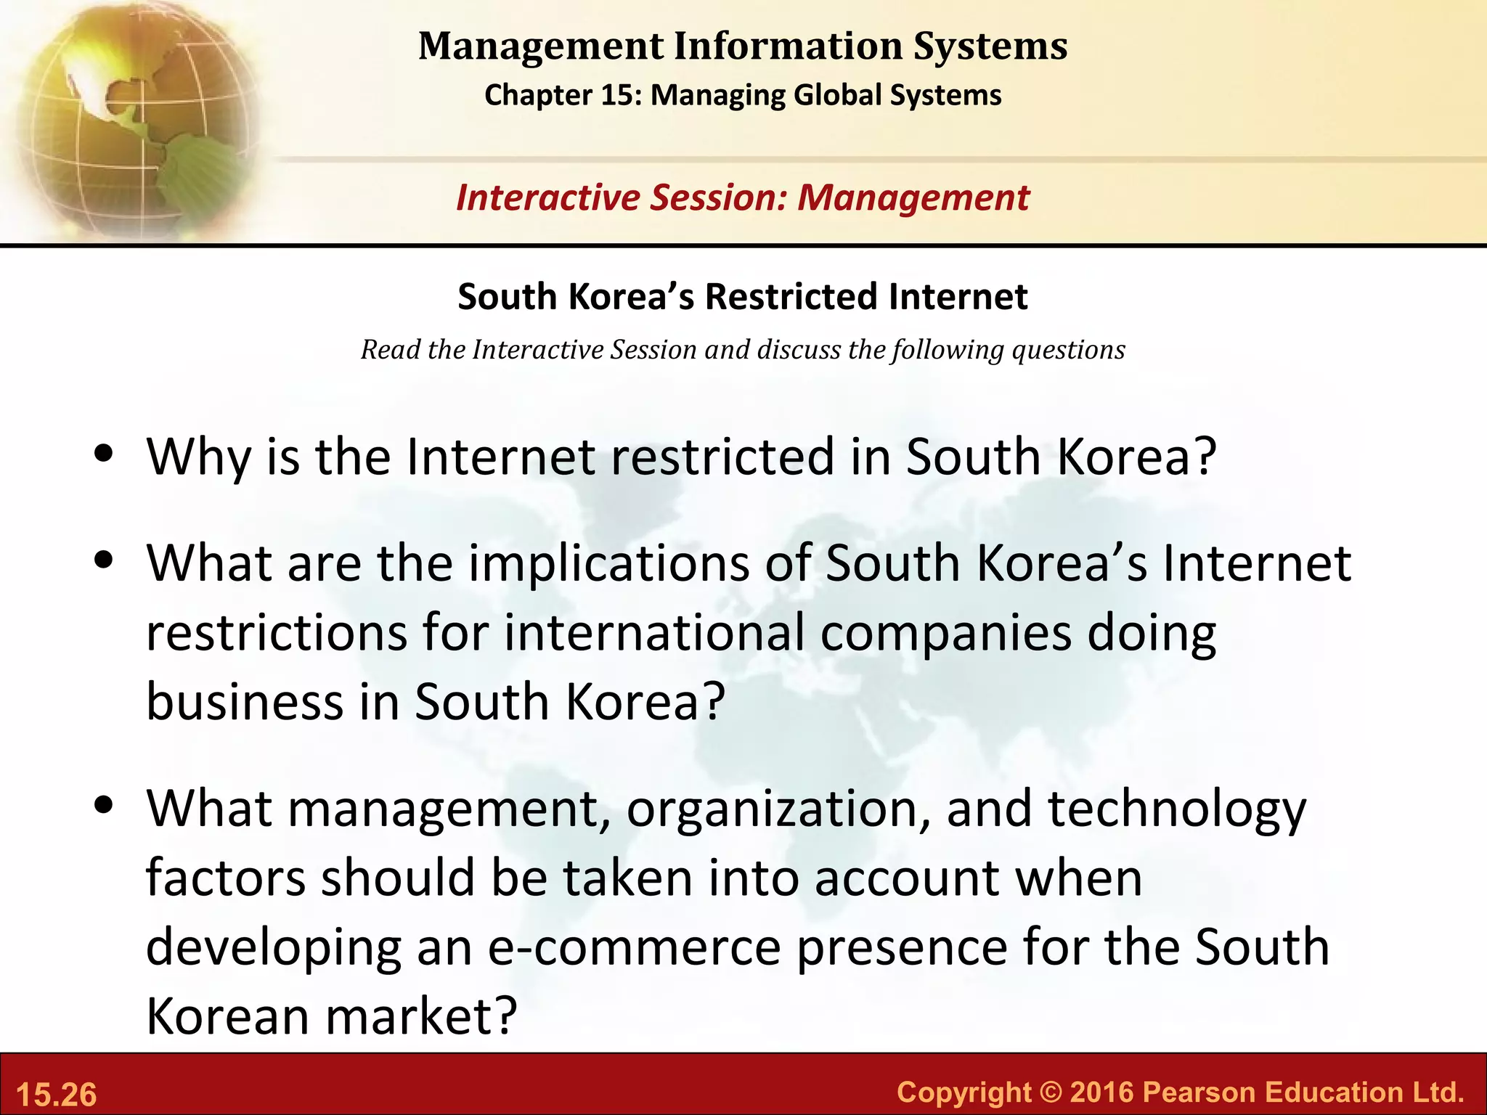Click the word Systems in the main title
[x=990, y=46]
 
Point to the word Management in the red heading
[x=913, y=197]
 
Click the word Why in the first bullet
[x=197, y=457]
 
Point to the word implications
[x=608, y=564]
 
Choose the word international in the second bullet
[x=653, y=632]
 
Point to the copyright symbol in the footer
[x=1050, y=1092]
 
